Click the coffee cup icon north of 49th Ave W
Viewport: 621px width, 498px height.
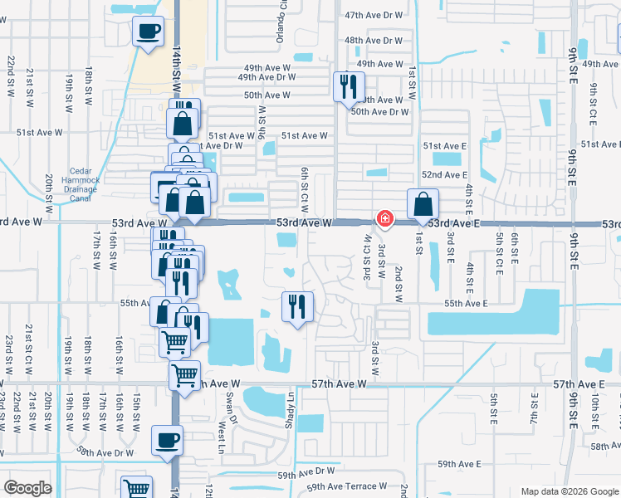pos(148,32)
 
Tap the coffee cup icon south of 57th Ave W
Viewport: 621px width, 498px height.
pos(167,439)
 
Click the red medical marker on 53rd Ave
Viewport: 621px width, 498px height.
pos(385,218)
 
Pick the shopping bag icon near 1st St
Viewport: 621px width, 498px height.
pos(423,203)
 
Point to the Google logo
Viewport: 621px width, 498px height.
pos(27,487)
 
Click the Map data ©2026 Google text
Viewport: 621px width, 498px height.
pos(569,491)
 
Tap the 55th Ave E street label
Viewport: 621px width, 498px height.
pos(465,304)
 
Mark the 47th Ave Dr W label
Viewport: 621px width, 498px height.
pos(373,16)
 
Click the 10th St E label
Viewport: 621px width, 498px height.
pos(595,416)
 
